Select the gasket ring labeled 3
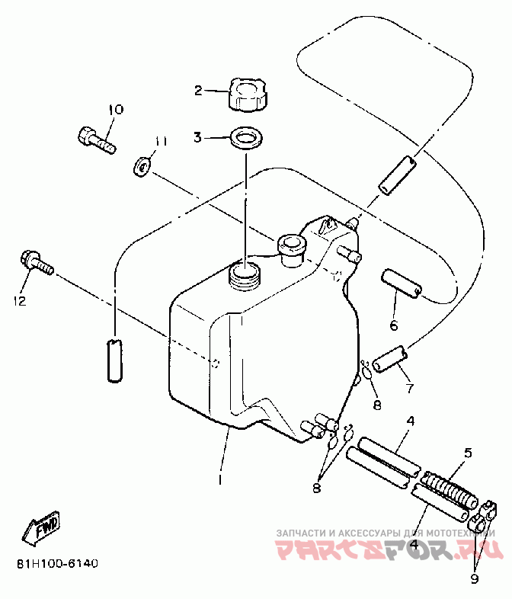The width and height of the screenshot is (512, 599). pyautogui.click(x=246, y=139)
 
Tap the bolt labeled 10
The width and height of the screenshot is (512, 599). pyautogui.click(x=95, y=139)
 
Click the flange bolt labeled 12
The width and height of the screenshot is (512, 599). pyautogui.click(x=36, y=263)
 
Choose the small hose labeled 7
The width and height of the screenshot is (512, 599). pyautogui.click(x=389, y=358)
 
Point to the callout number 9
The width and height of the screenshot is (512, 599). pyautogui.click(x=475, y=578)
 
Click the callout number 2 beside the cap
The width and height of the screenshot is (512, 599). pyautogui.click(x=198, y=91)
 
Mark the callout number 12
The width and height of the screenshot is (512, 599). pyautogui.click(x=18, y=301)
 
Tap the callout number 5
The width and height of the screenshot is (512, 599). pyautogui.click(x=468, y=453)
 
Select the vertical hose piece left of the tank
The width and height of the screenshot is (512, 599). pyautogui.click(x=114, y=358)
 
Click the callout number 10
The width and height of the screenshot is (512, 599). pyautogui.click(x=114, y=110)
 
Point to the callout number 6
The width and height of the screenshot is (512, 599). pyautogui.click(x=394, y=326)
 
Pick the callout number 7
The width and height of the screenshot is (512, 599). pyautogui.click(x=409, y=389)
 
